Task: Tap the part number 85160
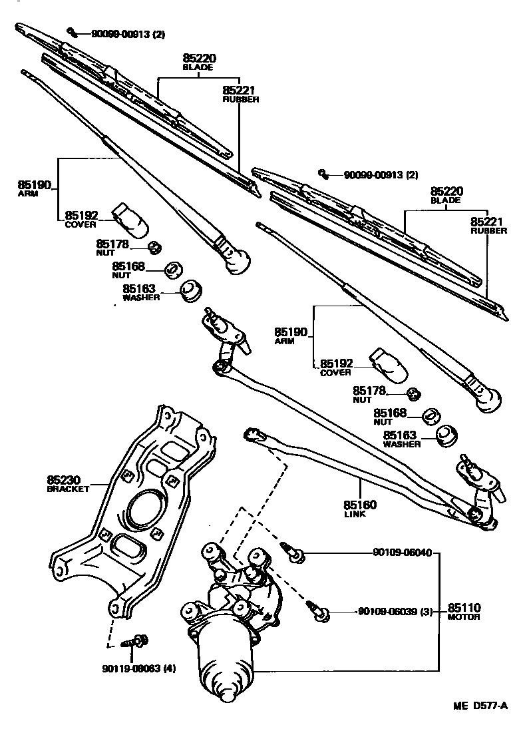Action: click(360, 505)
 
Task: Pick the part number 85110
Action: click(464, 608)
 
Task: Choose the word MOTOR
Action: click(463, 617)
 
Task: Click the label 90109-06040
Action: click(402, 553)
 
